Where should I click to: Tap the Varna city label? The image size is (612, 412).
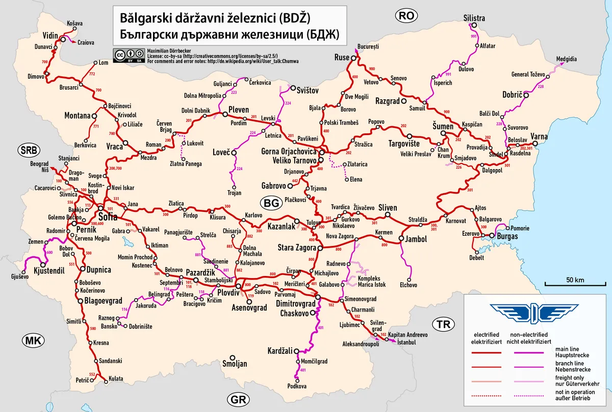click(x=539, y=136)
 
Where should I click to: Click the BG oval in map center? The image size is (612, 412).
click(x=271, y=202)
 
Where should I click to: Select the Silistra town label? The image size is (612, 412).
click(x=474, y=18)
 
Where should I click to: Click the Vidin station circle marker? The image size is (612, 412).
click(x=62, y=39)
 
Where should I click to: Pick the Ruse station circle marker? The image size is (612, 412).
click(x=353, y=58)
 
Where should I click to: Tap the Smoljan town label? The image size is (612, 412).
click(x=235, y=364)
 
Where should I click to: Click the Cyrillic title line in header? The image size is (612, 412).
click(x=229, y=35)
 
